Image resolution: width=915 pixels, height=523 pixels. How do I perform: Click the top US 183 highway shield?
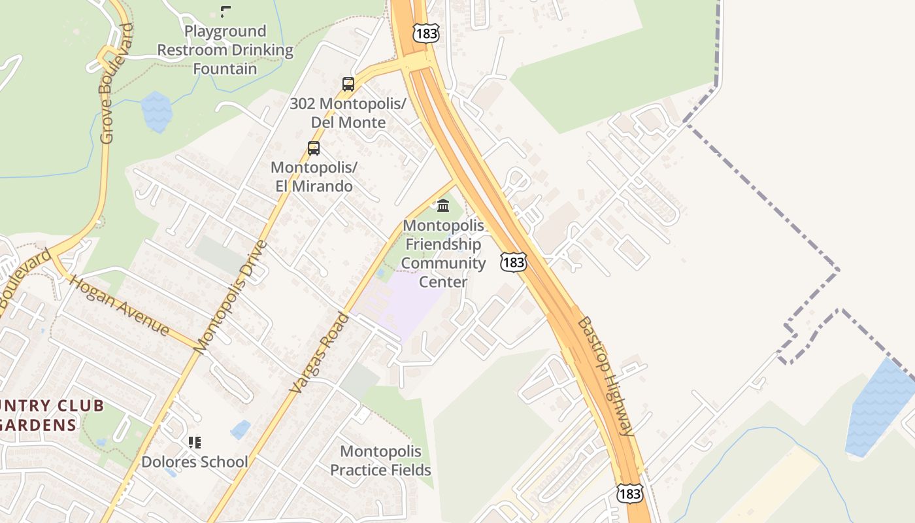pyautogui.click(x=425, y=33)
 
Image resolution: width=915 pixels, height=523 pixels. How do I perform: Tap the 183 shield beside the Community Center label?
pyautogui.click(x=513, y=262)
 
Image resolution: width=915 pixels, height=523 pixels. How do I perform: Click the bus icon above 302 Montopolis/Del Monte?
pyautogui.click(x=348, y=84)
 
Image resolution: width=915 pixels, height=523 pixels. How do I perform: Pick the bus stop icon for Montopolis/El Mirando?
pyautogui.click(x=314, y=148)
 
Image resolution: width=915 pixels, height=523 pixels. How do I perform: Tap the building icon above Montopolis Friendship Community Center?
pyautogui.click(x=443, y=206)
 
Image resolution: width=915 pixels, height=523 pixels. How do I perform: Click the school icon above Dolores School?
pyautogui.click(x=194, y=443)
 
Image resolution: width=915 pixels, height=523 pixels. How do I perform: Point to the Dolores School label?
pyautogui.click(x=195, y=462)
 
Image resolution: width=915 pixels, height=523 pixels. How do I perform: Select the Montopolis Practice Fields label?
pyautogui.click(x=380, y=460)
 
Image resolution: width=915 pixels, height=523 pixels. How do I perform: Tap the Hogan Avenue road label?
pyautogui.click(x=119, y=306)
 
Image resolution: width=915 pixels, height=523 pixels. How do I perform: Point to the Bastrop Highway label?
pyautogui.click(x=605, y=375)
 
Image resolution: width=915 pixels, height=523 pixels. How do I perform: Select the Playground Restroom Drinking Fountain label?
pyautogui.click(x=225, y=50)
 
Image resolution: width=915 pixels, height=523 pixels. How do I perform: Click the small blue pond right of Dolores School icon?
pyautogui.click(x=241, y=430)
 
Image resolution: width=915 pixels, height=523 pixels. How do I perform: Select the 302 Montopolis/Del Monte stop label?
pyautogui.click(x=348, y=112)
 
